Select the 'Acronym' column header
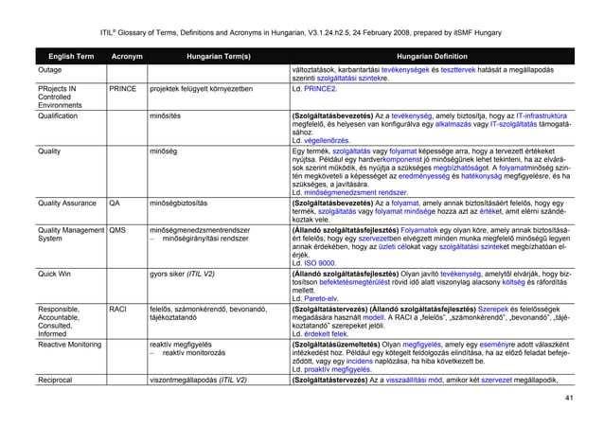(127, 56)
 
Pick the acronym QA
(115, 203)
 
